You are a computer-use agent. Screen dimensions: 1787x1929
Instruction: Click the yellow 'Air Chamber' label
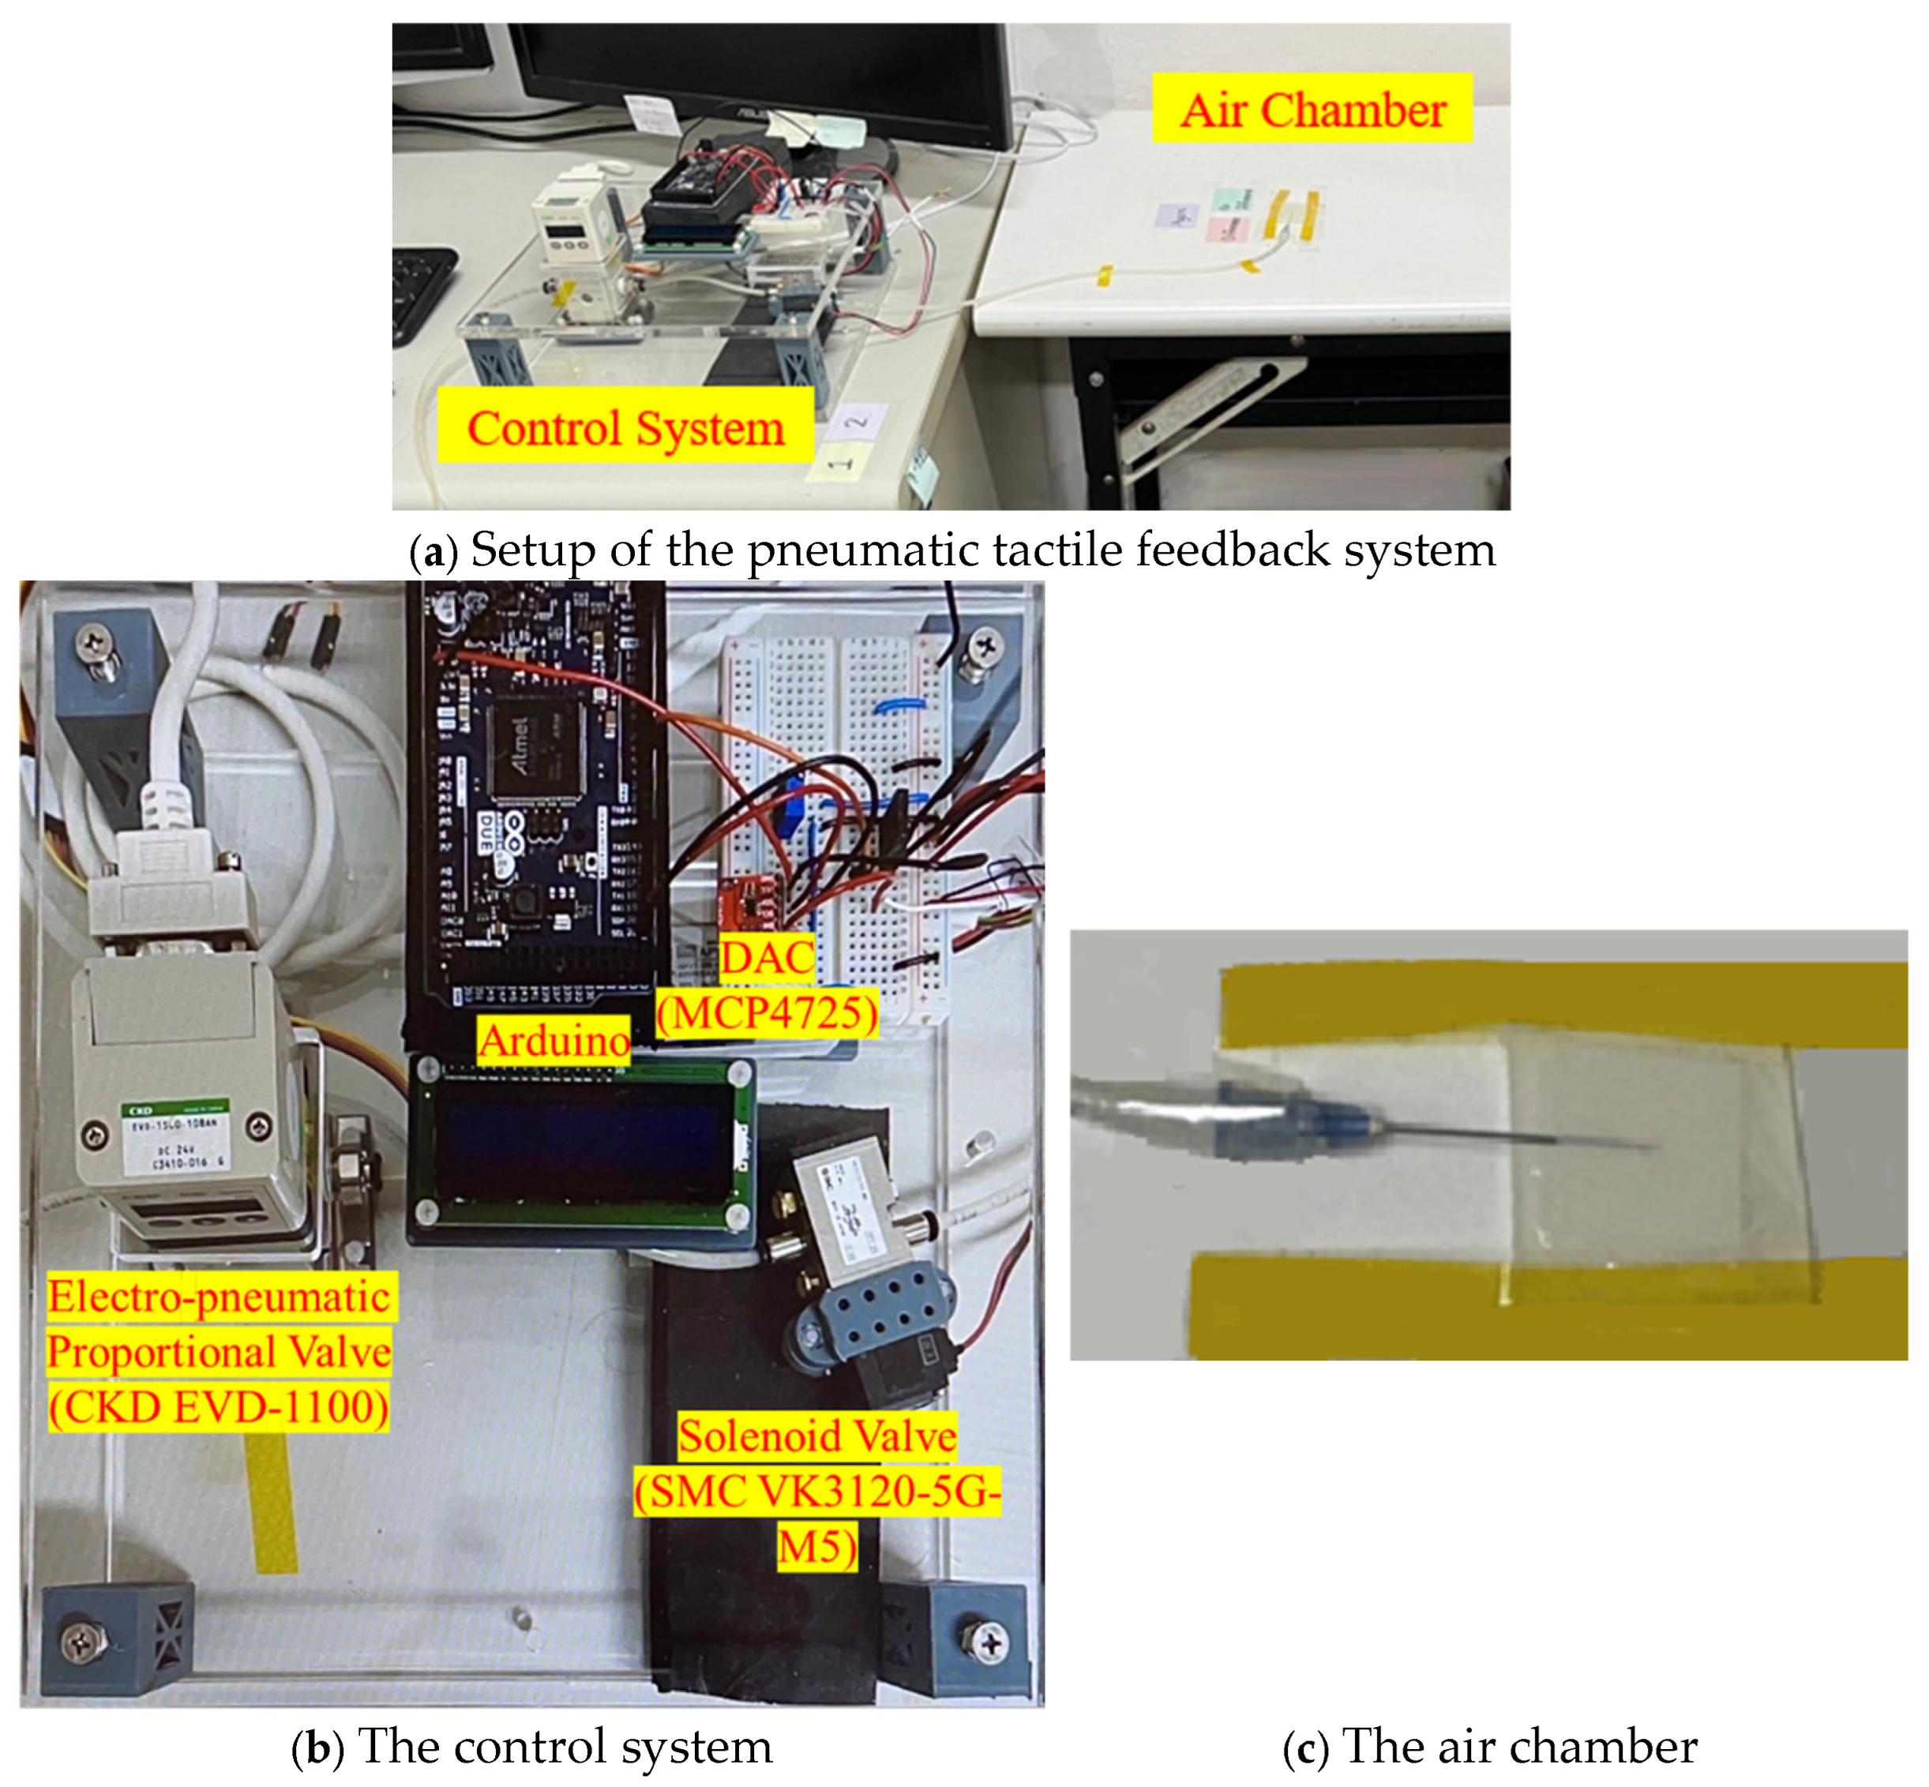[x=1312, y=108]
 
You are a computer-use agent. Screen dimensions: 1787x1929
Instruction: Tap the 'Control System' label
[x=625, y=426]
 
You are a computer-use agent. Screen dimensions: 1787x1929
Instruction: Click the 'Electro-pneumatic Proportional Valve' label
[x=220, y=1351]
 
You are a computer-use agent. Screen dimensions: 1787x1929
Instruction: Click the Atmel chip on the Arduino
[x=535, y=749]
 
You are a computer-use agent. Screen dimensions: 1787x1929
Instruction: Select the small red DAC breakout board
[x=749, y=899]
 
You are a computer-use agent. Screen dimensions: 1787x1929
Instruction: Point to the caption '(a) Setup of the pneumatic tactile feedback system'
[x=951, y=550]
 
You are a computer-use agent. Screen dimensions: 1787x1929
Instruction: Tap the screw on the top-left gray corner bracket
[x=95, y=641]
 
